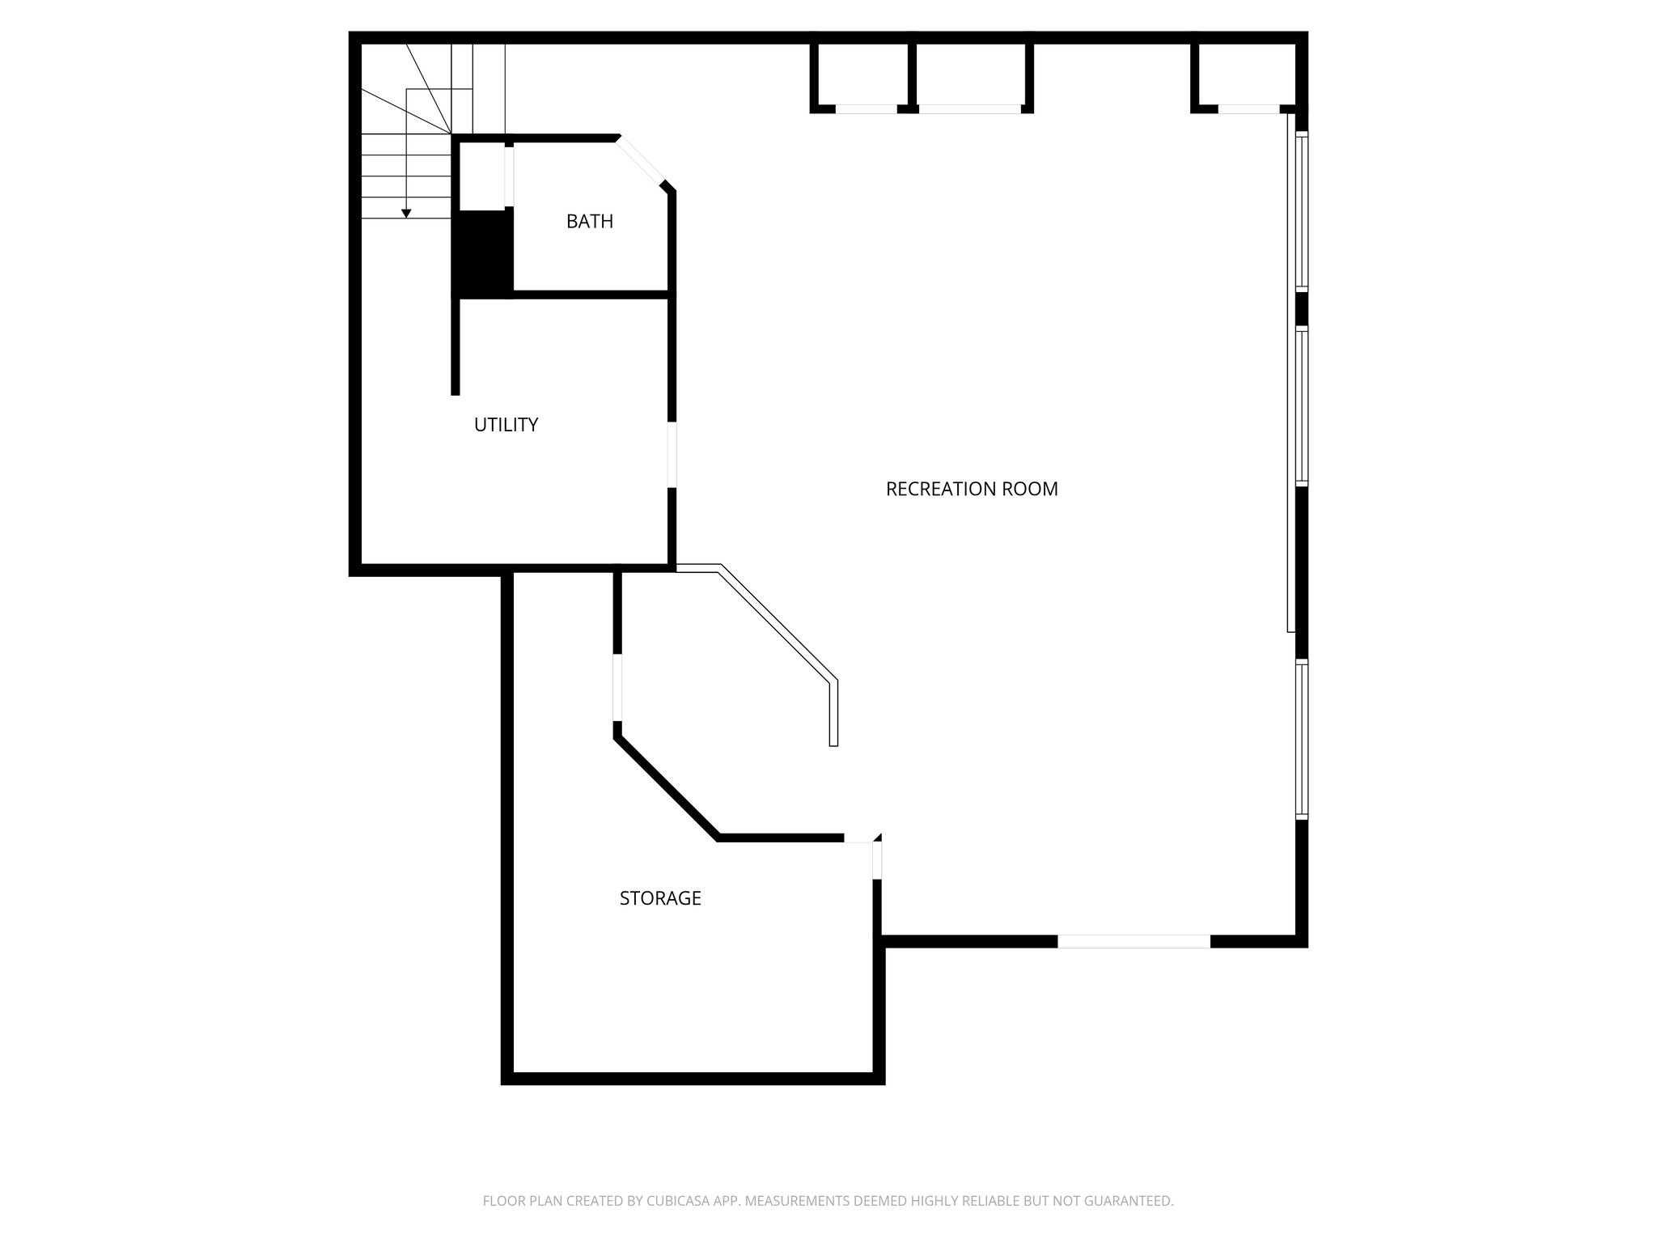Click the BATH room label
589,221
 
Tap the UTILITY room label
506,424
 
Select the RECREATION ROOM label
971,489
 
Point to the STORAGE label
659,897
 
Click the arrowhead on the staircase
406,214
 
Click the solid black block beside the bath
482,252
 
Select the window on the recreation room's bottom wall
1134,941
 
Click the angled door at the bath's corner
641,163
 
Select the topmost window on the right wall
1301,210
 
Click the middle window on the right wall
1301,405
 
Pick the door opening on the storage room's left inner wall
617,687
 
